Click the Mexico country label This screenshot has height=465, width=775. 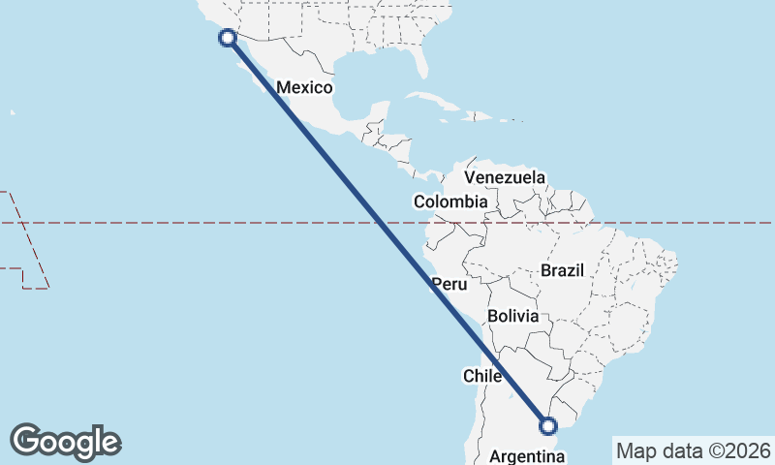304,88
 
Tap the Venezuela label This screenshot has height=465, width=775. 505,178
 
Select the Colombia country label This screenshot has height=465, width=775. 450,202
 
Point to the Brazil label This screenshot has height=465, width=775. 562,271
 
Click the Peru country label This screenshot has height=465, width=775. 449,285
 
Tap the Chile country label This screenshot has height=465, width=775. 481,376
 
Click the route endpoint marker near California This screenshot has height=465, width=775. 228,38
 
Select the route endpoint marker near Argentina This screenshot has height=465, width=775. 548,425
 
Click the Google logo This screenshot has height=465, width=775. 65,442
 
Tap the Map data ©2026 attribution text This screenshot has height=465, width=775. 694,450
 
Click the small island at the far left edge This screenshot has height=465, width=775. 13,113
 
